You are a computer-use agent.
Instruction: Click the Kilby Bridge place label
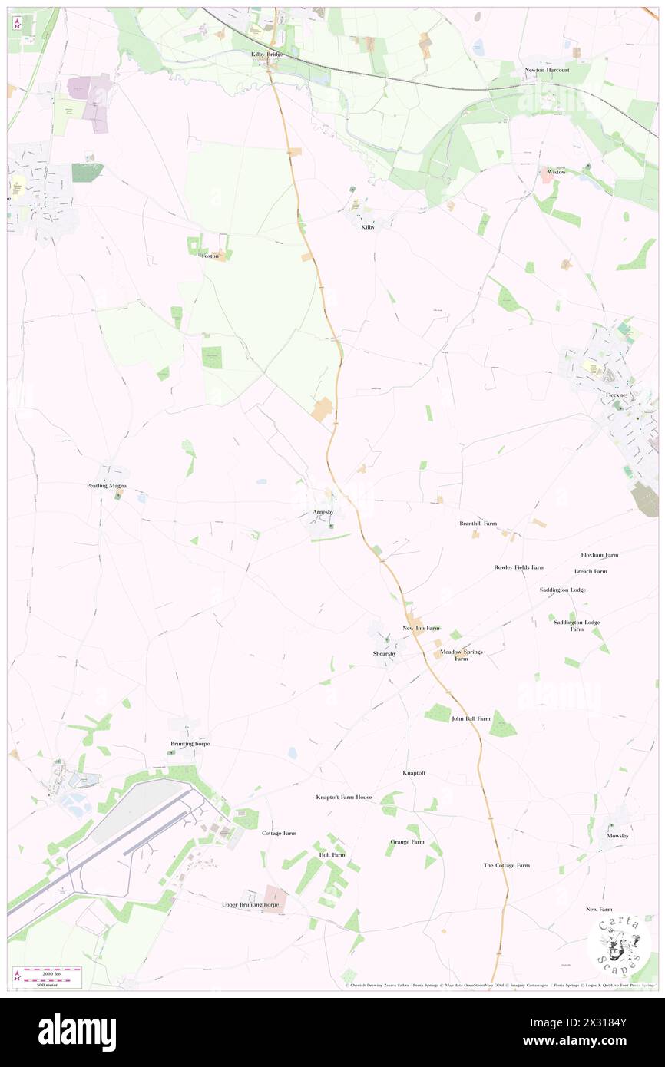[267, 55]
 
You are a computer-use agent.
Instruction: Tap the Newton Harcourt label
[548, 70]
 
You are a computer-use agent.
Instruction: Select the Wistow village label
[557, 172]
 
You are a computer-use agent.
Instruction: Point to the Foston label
[210, 256]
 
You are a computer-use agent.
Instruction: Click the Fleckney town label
[617, 395]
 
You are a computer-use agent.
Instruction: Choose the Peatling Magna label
[106, 486]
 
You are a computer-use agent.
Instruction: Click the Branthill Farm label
[478, 524]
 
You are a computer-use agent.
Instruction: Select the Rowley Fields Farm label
[518, 567]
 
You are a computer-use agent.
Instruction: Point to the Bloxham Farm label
[599, 555]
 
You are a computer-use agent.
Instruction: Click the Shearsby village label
[385, 653]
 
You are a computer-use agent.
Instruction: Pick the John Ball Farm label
[470, 718]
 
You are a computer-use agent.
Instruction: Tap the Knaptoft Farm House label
[343, 797]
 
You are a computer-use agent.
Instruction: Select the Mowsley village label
[617, 835]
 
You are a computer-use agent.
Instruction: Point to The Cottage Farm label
[506, 865]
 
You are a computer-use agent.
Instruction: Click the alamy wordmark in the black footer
[77, 1032]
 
